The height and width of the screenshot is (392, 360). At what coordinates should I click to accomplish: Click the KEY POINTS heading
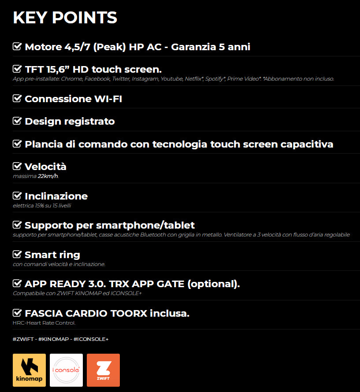tap(65, 18)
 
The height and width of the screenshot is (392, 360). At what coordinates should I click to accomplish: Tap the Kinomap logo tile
tap(29, 370)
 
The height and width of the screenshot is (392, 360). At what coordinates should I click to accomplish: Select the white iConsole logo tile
tap(66, 370)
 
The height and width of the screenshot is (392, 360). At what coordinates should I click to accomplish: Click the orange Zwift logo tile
tap(103, 370)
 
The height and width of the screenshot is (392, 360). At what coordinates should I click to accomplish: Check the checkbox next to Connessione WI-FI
tap(17, 98)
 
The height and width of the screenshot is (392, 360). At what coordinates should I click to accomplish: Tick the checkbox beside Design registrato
tap(17, 121)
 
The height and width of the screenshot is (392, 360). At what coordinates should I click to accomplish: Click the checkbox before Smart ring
tap(17, 254)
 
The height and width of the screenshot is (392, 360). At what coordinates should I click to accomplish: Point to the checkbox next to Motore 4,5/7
tap(17, 46)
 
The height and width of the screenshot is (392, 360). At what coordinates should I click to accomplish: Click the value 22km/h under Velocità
tap(48, 176)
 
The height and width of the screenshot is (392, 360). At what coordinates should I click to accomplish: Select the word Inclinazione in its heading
tap(56, 196)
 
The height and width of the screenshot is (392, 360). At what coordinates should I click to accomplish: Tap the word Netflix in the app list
tap(193, 79)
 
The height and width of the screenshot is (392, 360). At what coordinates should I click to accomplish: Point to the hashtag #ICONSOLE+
tap(91, 339)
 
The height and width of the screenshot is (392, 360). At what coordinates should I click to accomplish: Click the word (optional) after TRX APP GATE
tap(213, 284)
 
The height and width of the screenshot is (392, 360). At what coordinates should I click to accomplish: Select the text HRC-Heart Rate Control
tap(44, 323)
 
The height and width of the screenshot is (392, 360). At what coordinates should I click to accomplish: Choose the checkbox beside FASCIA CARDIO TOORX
tap(17, 313)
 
